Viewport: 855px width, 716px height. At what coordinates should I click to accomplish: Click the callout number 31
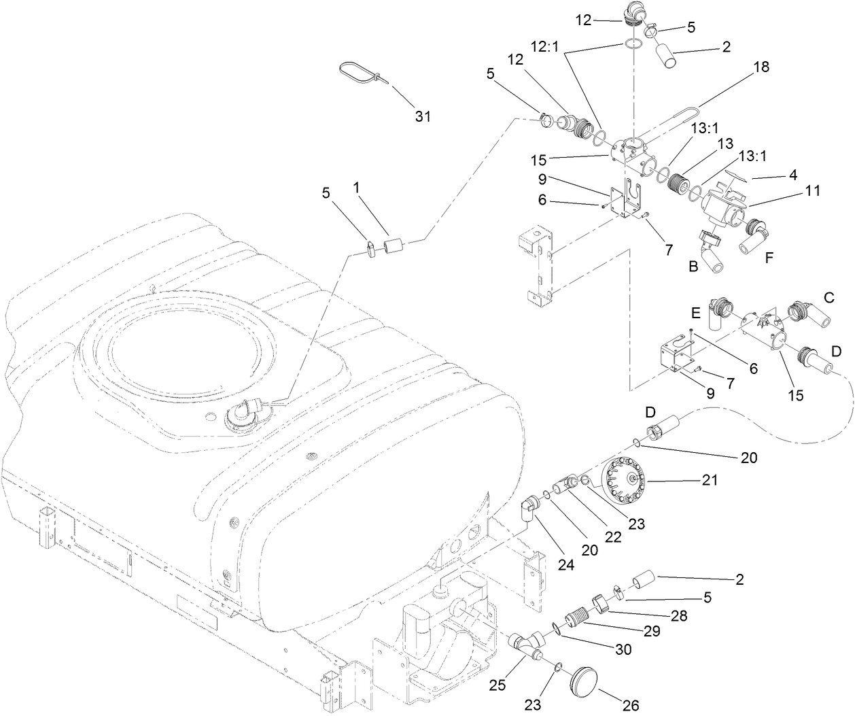tap(423, 116)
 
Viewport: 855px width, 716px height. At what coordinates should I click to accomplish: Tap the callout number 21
tap(708, 481)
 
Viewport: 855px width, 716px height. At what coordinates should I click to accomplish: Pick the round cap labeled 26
tap(586, 680)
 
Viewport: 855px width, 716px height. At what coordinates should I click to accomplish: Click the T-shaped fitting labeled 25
tap(524, 645)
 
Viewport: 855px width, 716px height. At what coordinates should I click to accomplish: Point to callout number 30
tap(623, 649)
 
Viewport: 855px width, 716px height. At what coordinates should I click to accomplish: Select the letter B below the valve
tap(693, 267)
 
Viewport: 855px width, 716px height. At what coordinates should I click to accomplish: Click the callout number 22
tap(613, 536)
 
